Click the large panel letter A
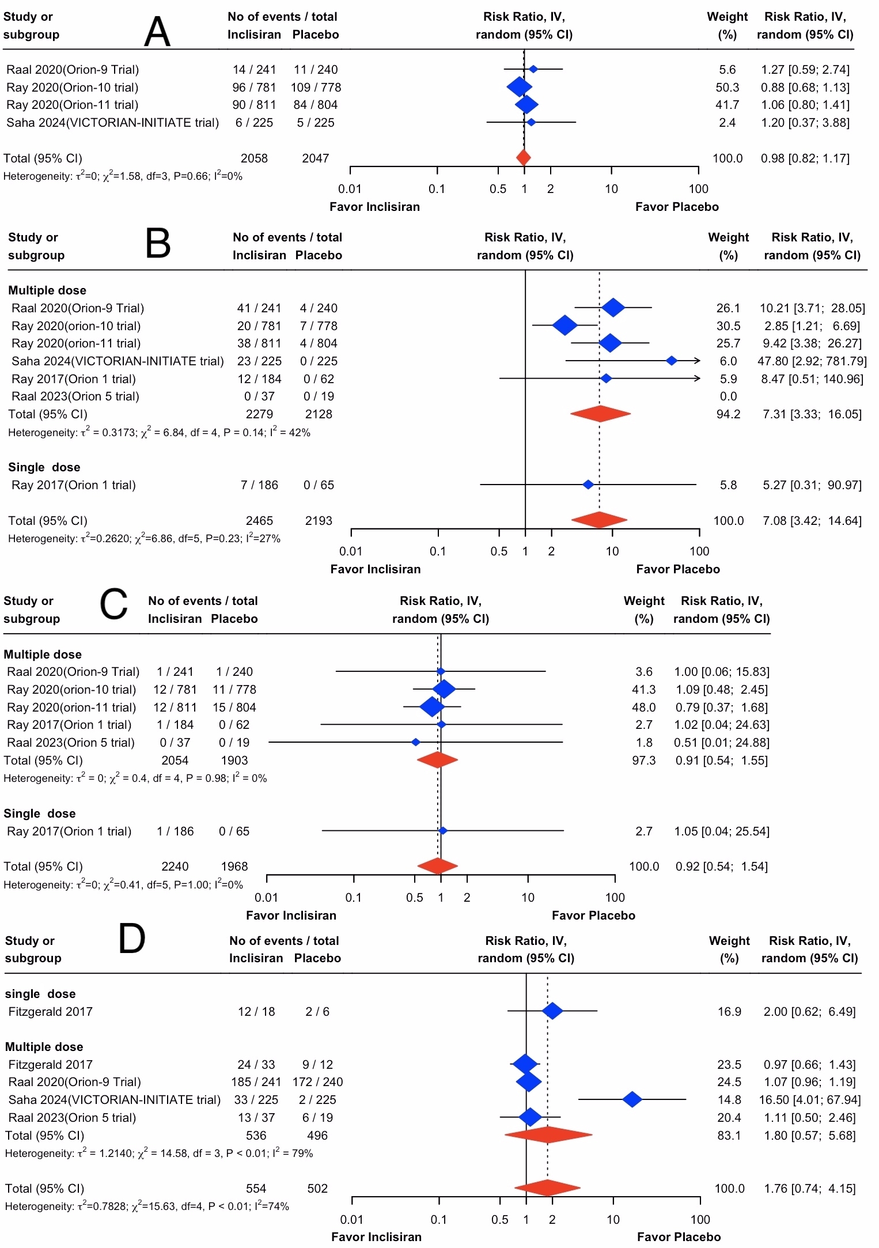point(157,32)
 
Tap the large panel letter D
point(131,939)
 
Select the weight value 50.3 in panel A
point(728,88)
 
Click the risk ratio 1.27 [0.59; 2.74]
point(805,70)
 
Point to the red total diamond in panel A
point(523,158)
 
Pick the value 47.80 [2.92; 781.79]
point(812,361)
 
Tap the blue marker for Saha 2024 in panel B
point(672,361)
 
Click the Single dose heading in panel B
point(44,467)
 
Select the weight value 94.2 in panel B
point(728,414)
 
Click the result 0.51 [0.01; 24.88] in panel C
point(721,743)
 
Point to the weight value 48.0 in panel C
point(644,708)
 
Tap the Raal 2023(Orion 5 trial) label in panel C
point(71,743)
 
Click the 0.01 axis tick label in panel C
point(266,898)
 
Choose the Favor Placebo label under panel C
point(593,916)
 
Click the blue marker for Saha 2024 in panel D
point(632,1099)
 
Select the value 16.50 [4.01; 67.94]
point(809,1100)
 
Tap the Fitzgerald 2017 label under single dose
point(50,1012)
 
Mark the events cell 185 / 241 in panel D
point(256,1082)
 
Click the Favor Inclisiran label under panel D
point(376,1237)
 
